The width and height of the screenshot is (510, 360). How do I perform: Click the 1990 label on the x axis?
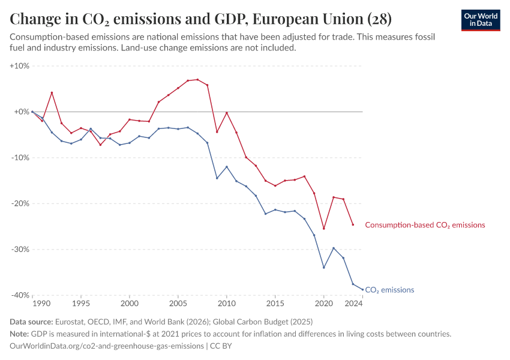42,304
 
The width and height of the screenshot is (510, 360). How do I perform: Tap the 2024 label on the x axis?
354,304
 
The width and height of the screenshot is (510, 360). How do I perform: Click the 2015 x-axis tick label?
275,304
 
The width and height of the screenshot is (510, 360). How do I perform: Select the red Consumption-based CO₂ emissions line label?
425,225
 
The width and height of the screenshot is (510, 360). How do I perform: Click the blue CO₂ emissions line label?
389,290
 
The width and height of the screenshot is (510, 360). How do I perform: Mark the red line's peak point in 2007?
197,79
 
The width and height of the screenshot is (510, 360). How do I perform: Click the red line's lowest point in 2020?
324,229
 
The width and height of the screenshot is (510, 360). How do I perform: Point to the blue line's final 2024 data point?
362,289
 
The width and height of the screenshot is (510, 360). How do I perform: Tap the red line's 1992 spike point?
52,92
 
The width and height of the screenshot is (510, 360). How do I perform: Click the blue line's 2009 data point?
217,178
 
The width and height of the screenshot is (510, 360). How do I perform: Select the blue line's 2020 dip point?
324,268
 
